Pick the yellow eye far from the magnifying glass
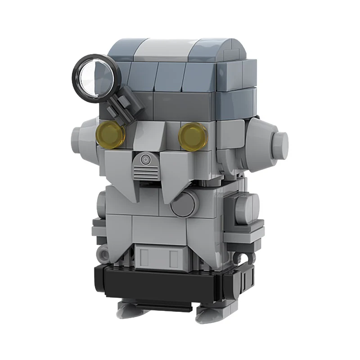193,135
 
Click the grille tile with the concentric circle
146,166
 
